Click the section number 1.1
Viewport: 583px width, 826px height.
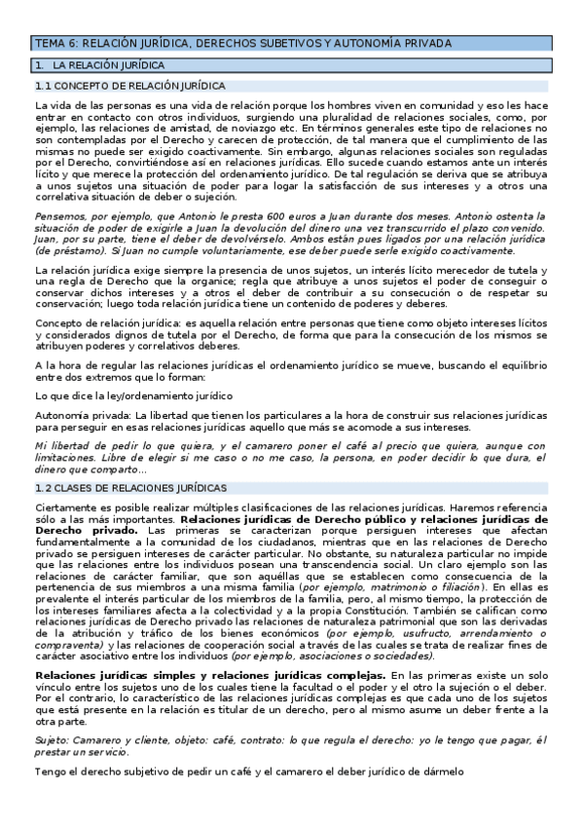[43, 86]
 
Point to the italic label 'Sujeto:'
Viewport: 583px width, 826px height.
[55, 741]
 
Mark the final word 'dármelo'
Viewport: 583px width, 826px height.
[440, 771]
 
